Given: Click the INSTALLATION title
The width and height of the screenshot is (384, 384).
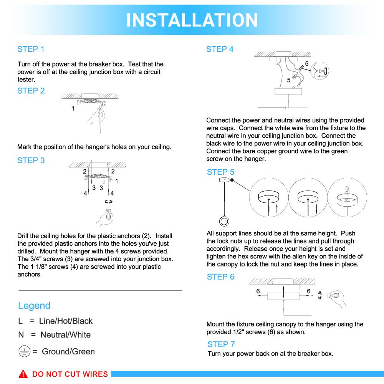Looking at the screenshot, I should point(192,20).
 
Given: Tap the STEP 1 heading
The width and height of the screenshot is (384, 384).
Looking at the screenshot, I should point(31,49).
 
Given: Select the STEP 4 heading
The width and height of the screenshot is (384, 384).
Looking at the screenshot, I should point(220,49).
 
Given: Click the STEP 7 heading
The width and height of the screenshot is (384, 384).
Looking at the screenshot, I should point(221,344).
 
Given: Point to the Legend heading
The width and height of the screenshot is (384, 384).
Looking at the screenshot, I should point(34,306).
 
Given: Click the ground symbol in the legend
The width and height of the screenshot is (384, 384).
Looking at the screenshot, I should point(24,351).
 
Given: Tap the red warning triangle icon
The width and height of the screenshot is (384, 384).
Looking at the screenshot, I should point(23,374).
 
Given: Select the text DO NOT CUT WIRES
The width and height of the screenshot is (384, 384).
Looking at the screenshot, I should point(70,374).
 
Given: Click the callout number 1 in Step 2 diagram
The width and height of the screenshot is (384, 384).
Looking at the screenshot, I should point(73,109).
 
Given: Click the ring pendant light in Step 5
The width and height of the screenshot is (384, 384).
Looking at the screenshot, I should point(224,221).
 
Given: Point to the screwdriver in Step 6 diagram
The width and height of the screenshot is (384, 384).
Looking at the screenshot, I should point(330,296).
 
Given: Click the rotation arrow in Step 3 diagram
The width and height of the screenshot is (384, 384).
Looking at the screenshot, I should point(109,201).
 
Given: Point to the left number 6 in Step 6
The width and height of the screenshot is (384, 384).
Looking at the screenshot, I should point(258,291).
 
